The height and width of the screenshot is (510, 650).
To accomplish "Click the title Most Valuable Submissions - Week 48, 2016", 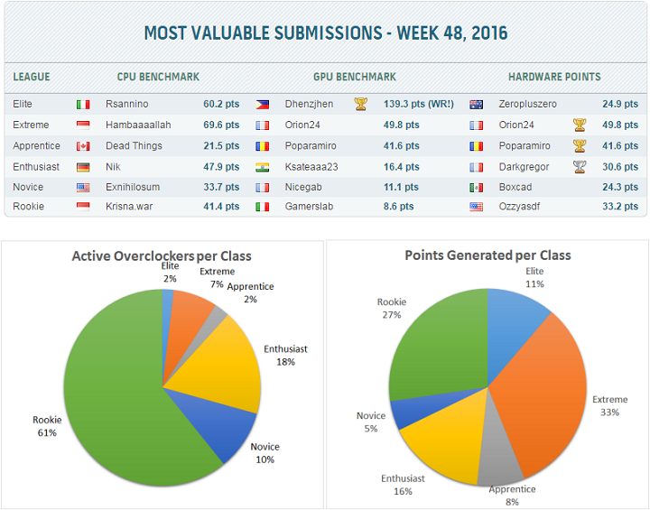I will click(x=325, y=34).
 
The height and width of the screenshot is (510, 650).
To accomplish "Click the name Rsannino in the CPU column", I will click(x=127, y=104).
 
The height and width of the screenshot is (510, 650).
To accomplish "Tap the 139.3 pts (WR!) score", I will click(x=421, y=104).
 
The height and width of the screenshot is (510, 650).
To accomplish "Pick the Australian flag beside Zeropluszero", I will click(x=477, y=105).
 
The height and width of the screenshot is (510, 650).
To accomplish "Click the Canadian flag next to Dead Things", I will click(x=83, y=146).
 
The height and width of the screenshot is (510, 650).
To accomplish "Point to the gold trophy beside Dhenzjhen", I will click(x=361, y=104).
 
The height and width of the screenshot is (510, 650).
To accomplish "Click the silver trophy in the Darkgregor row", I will click(x=579, y=166).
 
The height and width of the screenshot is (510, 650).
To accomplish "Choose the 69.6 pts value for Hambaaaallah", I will click(x=221, y=125).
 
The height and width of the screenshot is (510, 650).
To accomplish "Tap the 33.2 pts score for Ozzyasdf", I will click(x=619, y=207).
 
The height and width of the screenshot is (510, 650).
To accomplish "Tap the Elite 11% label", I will click(x=534, y=277).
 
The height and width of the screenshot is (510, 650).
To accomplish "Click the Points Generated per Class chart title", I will click(x=487, y=255).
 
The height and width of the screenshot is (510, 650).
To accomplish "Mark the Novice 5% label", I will click(x=370, y=422).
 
